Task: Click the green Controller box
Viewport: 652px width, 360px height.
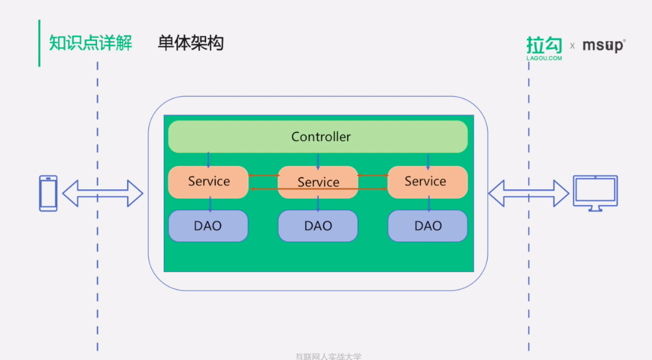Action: point(318,136)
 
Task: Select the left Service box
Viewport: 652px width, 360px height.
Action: point(208,182)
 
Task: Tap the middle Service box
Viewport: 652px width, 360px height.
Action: point(318,182)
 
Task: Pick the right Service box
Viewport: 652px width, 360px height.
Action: point(427,182)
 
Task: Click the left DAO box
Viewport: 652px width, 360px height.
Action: point(208,226)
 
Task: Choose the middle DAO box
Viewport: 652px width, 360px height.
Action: point(318,226)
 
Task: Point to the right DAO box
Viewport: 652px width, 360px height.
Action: point(427,226)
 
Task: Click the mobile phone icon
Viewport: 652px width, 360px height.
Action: point(49,193)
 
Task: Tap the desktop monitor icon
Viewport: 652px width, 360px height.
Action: point(595,193)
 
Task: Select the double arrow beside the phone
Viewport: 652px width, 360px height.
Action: point(103,193)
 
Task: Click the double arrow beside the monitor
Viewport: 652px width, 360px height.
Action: point(528,193)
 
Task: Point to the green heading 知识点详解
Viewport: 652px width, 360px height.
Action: point(90,43)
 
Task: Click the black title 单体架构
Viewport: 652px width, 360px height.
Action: point(191,43)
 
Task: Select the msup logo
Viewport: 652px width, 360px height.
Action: point(603,45)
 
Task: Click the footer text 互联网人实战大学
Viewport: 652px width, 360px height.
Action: point(328,356)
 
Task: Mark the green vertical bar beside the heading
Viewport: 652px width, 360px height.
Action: point(39,43)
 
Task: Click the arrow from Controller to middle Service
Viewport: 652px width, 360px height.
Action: point(318,160)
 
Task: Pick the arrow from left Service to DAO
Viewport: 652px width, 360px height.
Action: point(210,204)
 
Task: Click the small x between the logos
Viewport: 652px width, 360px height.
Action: point(572,46)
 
